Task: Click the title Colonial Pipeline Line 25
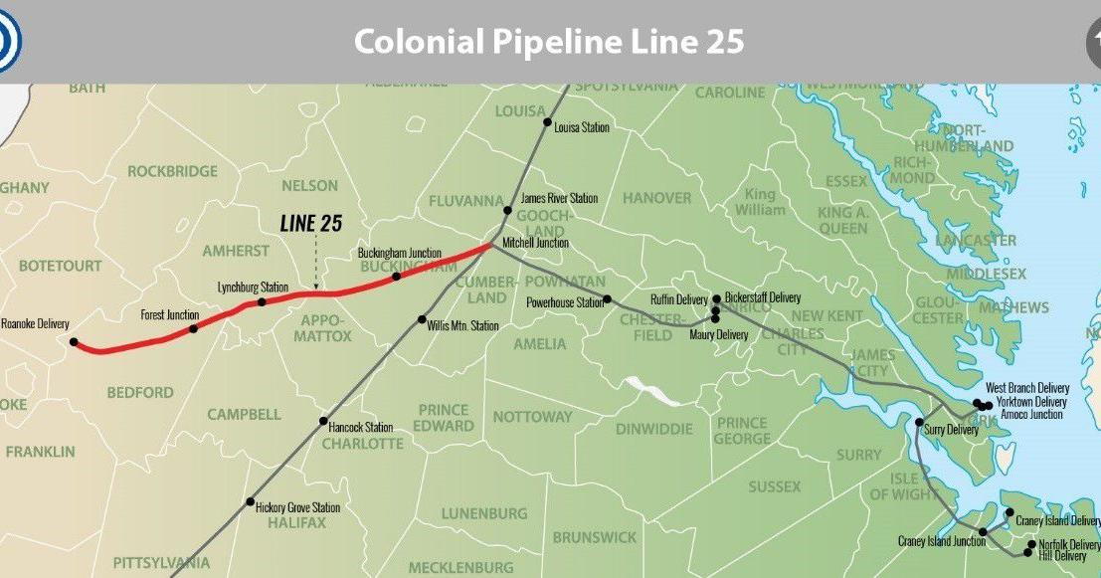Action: click(549, 42)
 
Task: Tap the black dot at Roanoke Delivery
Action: click(74, 342)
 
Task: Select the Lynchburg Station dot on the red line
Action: click(262, 301)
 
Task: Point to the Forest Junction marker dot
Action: click(193, 328)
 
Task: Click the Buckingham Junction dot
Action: click(396, 276)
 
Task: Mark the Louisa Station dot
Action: click(546, 122)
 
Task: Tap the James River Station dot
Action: click(508, 211)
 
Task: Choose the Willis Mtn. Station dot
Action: click(422, 319)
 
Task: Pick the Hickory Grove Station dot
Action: click(251, 502)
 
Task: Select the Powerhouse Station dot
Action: click(607, 298)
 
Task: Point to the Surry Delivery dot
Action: click(919, 423)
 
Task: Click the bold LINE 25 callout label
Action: click(311, 224)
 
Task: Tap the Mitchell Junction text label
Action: click(535, 243)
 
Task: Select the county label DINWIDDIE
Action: click(652, 430)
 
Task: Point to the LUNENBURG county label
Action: click(485, 514)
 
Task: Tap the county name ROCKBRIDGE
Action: click(172, 171)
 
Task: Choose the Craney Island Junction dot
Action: click(983, 531)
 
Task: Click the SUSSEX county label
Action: click(774, 486)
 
